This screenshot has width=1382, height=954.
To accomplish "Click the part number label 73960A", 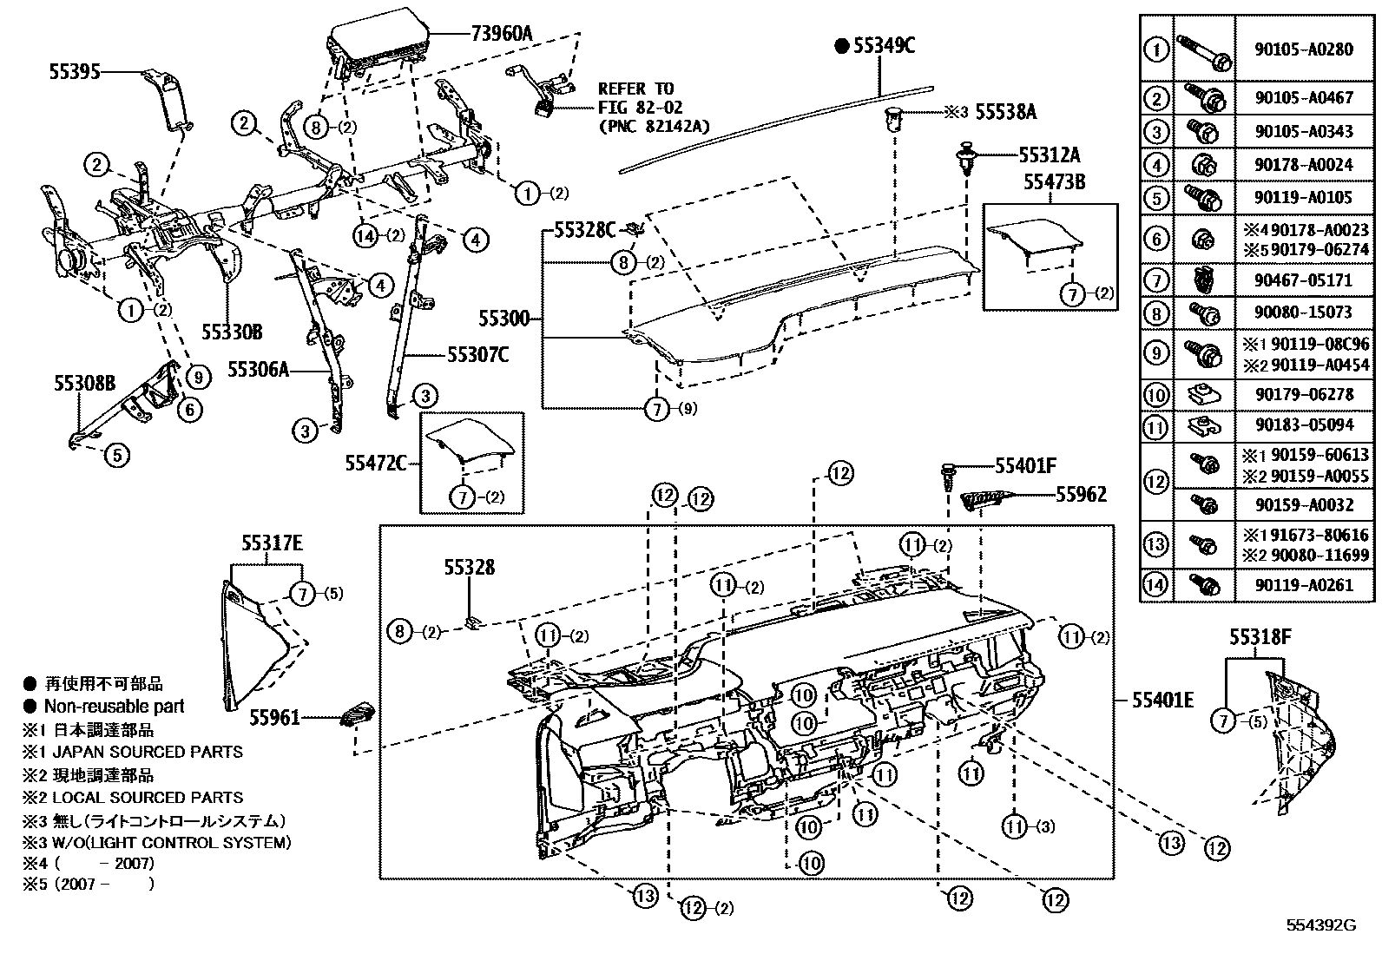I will click(x=501, y=34).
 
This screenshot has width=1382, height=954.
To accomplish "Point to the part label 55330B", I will click(x=232, y=332).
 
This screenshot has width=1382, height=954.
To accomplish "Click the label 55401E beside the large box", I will click(x=1162, y=700).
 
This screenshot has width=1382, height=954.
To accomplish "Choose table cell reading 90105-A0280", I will click(x=1303, y=49).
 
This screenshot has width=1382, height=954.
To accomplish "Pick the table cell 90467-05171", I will click(x=1303, y=281).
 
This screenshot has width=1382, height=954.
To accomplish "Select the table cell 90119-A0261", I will click(x=1303, y=585).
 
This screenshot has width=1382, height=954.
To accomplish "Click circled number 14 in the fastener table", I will click(x=1156, y=585).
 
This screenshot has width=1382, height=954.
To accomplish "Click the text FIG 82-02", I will click(x=640, y=108).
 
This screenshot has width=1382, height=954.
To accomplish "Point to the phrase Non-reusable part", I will click(x=114, y=707).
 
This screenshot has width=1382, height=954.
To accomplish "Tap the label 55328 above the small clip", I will click(x=469, y=568).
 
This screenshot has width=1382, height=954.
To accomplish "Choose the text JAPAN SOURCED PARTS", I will click(x=155, y=752).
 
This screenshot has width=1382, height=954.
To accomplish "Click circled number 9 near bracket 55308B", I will click(x=199, y=377).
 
